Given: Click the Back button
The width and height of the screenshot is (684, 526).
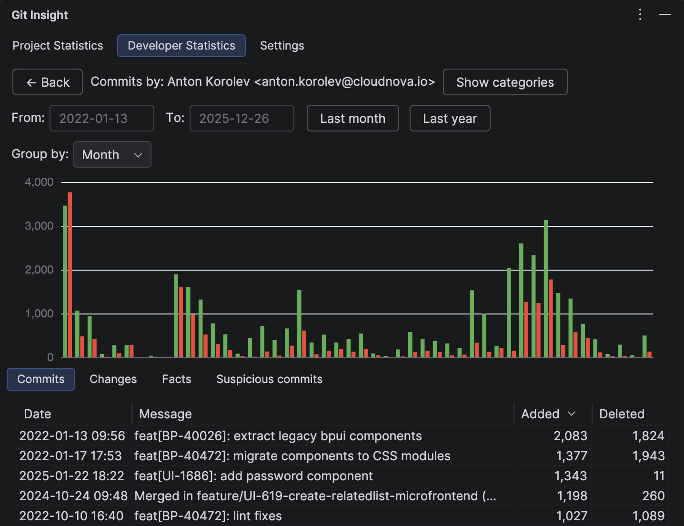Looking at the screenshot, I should tap(48, 82).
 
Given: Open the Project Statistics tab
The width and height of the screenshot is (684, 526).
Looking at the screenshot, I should tap(58, 46).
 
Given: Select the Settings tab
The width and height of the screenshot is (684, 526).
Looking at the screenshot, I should tap(282, 46).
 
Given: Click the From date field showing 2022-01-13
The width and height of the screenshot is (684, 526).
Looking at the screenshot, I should tap(101, 118).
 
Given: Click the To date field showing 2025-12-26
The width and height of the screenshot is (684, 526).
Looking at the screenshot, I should tap(241, 118).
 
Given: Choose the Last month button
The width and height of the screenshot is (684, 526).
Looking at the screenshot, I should tap(352, 118).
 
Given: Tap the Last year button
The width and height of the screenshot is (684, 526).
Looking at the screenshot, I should tap(450, 118).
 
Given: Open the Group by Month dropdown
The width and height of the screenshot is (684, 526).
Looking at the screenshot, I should tap(112, 154).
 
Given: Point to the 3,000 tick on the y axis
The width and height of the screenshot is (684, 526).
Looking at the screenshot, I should tap(39, 226).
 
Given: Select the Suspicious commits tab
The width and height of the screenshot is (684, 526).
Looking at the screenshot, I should tap(269, 379).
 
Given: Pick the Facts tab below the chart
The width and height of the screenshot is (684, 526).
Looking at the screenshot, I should tap(176, 379).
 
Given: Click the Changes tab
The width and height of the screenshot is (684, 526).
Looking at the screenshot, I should tap(113, 379).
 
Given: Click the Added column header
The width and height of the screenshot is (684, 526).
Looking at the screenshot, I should tap(540, 414).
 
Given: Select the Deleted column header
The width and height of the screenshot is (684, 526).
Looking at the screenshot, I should tap(622, 414).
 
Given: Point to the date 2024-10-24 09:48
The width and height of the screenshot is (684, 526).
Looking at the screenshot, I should tap(73, 496).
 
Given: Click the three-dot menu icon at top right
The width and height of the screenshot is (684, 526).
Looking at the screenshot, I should tap(640, 15).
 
